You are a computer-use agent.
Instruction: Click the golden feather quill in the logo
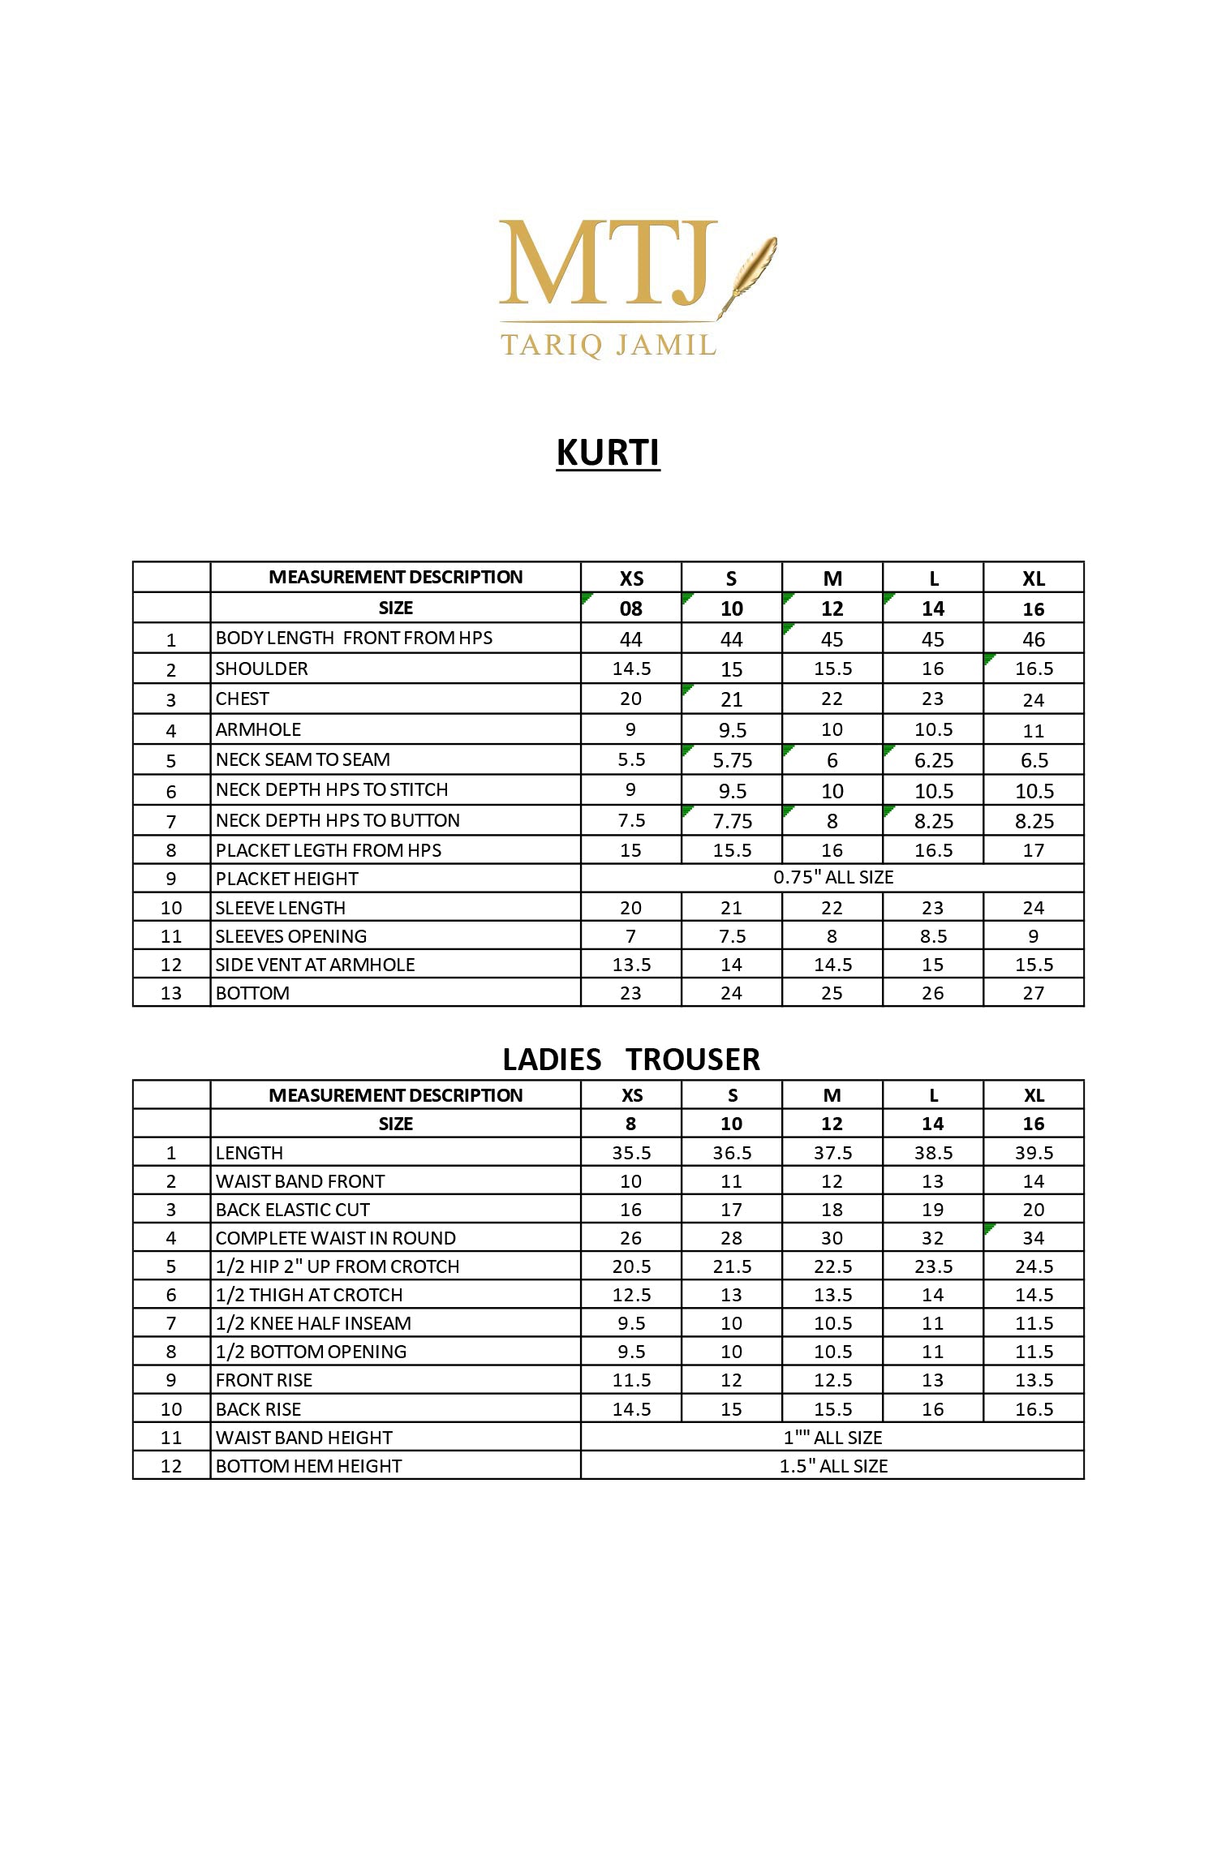750,272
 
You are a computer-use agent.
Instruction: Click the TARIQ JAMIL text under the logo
608,345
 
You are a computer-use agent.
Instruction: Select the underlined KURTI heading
608,453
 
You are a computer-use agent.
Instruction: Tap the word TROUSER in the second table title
693,1060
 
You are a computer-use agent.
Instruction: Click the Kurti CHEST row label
243,699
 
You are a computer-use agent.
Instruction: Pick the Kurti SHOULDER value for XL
1034,669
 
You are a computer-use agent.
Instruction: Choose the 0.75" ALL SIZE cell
832,877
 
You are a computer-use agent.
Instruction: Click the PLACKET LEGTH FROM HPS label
329,850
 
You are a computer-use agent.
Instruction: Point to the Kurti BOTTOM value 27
1034,993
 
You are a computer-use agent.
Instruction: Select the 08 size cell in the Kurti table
631,608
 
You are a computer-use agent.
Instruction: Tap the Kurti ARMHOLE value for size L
933,729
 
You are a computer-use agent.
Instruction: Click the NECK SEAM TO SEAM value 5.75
732,760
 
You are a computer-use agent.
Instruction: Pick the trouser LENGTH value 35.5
631,1153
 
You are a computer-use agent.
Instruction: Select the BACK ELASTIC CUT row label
293,1210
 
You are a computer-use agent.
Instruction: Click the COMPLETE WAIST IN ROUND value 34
1034,1238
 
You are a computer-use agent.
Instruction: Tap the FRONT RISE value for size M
832,1380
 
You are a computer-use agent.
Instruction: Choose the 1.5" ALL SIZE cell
832,1466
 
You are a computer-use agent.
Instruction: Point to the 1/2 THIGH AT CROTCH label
309,1295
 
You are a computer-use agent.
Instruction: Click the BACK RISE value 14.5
631,1409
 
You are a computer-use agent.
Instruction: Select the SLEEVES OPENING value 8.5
933,936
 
